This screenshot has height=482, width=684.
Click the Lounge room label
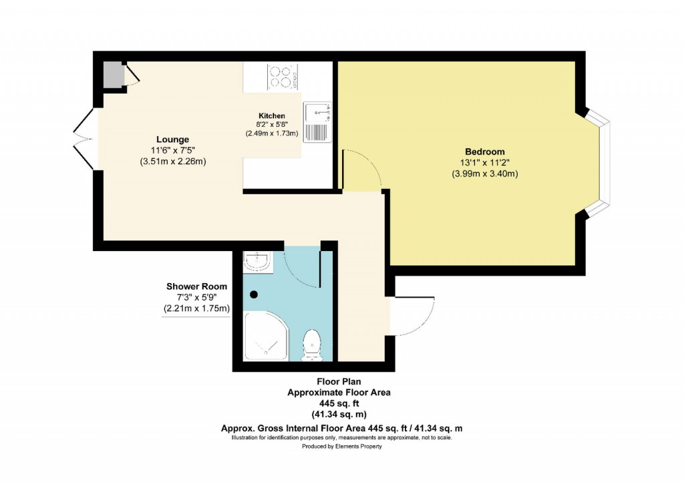pyautogui.click(x=168, y=140)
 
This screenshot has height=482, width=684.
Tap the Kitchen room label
pyautogui.click(x=272, y=115)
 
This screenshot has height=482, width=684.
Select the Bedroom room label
pyautogui.click(x=484, y=152)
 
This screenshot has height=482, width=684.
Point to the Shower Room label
pyautogui.click(x=197, y=286)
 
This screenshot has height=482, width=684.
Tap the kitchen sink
pyautogui.click(x=317, y=122)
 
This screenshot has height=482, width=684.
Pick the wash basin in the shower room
pyautogui.click(x=258, y=262)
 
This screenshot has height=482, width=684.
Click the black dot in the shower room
pyautogui.click(x=254, y=294)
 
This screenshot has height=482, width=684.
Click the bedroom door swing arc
pyautogui.click(x=364, y=167)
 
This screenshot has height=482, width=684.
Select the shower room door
pyautogui.click(x=304, y=267)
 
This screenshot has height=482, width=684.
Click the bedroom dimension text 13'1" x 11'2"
pyautogui.click(x=484, y=163)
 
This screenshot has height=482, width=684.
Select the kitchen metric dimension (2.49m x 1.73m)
pyautogui.click(x=272, y=134)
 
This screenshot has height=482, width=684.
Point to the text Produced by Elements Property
pyautogui.click(x=341, y=447)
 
